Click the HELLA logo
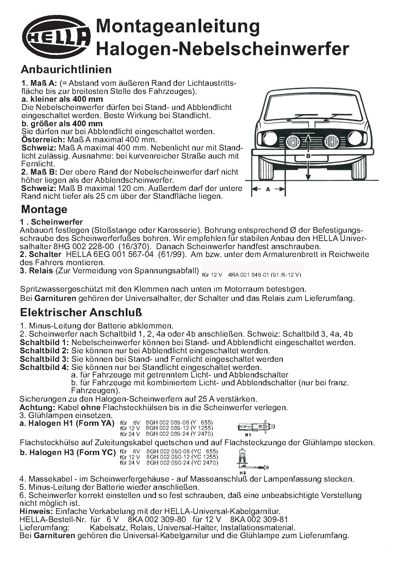[x=56, y=37]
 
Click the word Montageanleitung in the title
[x=178, y=27]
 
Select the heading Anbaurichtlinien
[x=66, y=69]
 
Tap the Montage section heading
[x=44, y=209]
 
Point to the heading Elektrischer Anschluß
[x=81, y=312]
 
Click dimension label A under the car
[x=268, y=190]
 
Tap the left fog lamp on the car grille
[x=293, y=141]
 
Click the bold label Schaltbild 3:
[x=44, y=359]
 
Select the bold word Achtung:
[x=37, y=407]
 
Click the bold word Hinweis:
[x=36, y=511]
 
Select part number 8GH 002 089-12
[x=167, y=428]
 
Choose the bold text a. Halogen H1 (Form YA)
[x=67, y=424]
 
